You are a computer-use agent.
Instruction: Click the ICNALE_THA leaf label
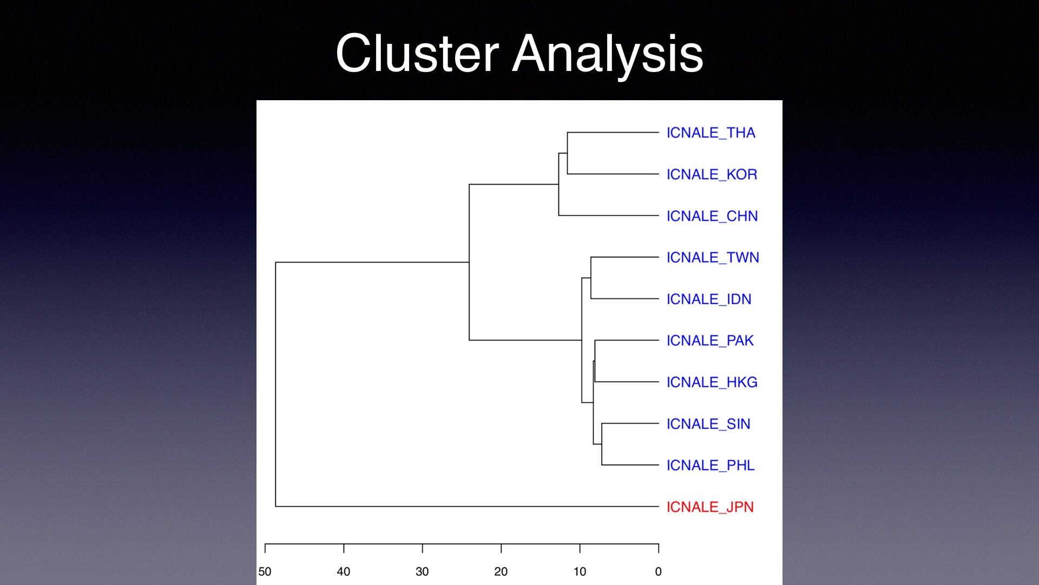tap(711, 133)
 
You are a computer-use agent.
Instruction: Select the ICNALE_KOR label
tap(712, 174)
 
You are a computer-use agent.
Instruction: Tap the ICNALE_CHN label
tap(712, 216)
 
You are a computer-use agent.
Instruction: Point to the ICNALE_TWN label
tap(713, 257)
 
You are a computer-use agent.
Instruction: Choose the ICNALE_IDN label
tap(709, 299)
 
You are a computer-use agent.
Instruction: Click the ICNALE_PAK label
tap(710, 341)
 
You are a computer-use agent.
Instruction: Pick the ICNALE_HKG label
tap(712, 382)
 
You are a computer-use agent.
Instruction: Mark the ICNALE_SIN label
tap(708, 424)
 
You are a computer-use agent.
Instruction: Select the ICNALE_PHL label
tap(711, 465)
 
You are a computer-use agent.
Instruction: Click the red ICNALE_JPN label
tap(710, 507)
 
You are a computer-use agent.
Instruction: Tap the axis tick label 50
tap(265, 571)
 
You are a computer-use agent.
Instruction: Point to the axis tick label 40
tap(344, 571)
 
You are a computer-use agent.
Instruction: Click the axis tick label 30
tap(422, 571)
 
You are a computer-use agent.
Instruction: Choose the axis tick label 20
tap(501, 571)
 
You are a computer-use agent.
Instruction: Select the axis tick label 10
tap(580, 571)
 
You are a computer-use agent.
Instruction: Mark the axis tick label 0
tap(659, 571)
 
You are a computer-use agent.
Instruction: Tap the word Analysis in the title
tap(608, 56)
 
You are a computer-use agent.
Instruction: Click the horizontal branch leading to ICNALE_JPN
tap(467, 506)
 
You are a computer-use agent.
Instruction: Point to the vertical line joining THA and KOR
tap(568, 153)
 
